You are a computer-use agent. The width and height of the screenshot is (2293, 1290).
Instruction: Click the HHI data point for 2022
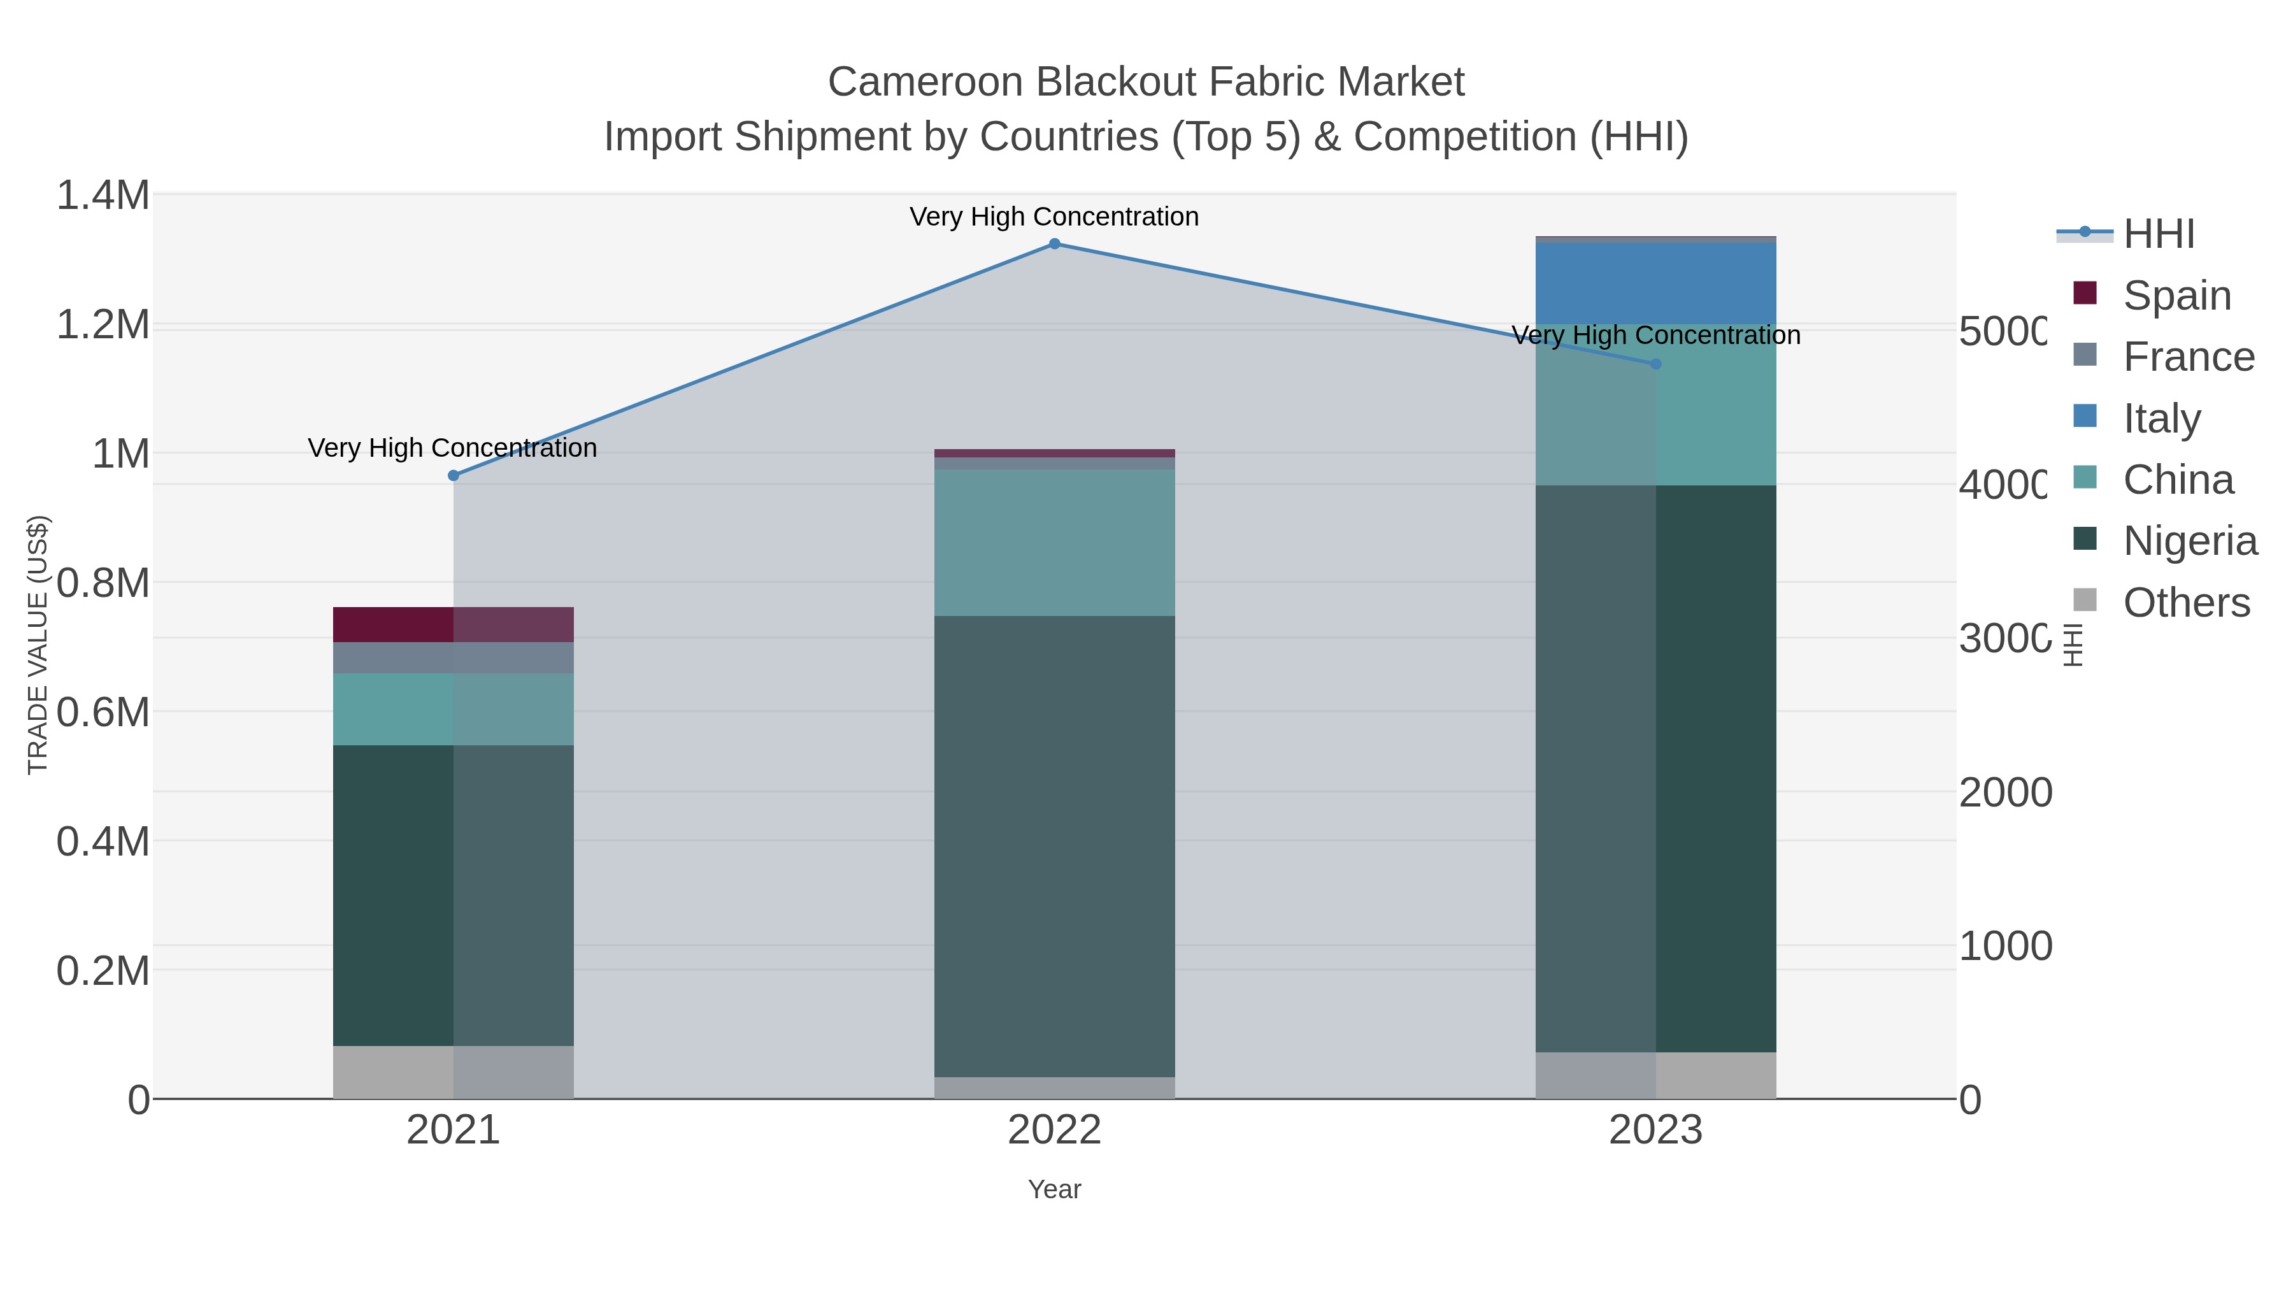(1054, 244)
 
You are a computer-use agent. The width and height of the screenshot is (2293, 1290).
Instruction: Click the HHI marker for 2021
(453, 475)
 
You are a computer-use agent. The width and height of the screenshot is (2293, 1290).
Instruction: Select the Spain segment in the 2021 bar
(453, 624)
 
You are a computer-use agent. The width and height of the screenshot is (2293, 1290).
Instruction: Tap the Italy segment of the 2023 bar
(1655, 282)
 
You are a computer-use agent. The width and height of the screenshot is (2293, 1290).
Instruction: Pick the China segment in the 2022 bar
(1054, 542)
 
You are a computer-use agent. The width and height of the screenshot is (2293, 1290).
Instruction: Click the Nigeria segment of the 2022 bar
(1054, 846)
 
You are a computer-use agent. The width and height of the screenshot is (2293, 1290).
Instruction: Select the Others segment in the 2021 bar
(453, 1072)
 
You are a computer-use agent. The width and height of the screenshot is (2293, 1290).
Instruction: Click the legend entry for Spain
(2176, 296)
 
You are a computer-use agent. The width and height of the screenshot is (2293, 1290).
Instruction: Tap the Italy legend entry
(2161, 419)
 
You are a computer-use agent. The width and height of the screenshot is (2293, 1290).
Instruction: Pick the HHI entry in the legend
(2158, 234)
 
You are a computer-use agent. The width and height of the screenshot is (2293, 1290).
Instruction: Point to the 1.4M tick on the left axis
(103, 195)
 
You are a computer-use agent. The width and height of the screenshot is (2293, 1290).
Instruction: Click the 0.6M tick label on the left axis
(103, 712)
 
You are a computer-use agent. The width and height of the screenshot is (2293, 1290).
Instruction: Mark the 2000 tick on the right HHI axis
(2004, 792)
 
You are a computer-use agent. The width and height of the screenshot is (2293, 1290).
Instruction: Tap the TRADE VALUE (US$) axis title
(38, 645)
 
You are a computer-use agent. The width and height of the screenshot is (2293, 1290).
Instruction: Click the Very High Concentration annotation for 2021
(452, 448)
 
